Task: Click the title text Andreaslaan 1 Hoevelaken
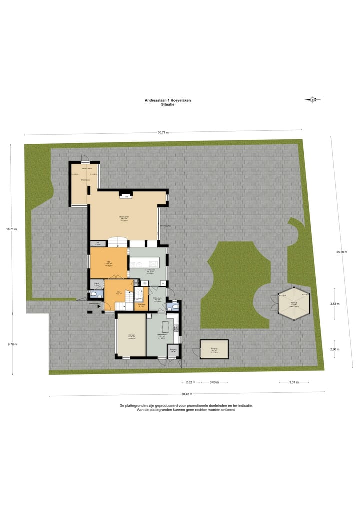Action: [x=167, y=100]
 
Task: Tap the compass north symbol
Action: [x=312, y=100]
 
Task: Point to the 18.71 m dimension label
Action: [x=12, y=229]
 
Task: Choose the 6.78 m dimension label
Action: [x=12, y=344]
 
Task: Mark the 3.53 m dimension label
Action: [x=335, y=304]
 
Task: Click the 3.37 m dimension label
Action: [x=294, y=382]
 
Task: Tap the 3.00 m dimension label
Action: [x=214, y=382]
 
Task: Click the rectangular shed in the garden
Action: [x=214, y=349]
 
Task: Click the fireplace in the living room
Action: [x=127, y=197]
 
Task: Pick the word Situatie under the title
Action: [x=167, y=105]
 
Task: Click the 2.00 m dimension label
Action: [x=335, y=350]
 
